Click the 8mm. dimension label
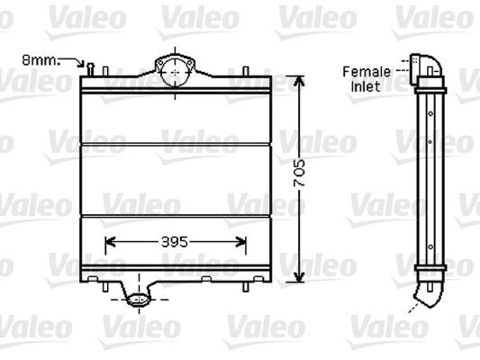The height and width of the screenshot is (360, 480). pos(39,60)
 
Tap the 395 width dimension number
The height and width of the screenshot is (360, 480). pos(176,241)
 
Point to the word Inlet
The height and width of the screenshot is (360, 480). pos(366,86)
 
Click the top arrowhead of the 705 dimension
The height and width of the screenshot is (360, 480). pos(302,75)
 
